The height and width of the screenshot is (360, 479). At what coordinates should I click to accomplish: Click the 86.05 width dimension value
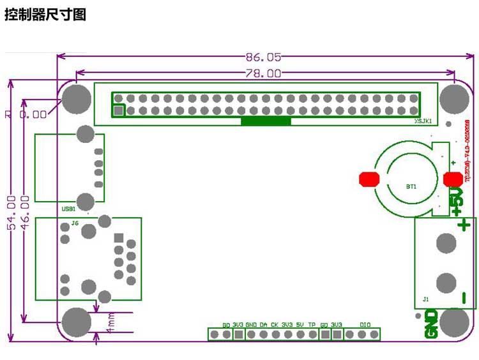click(263, 57)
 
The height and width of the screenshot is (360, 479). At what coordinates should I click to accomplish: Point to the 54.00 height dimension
click(11, 212)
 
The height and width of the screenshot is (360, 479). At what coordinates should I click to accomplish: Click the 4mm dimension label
click(110, 322)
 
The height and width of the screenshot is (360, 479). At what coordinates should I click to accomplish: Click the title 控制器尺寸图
click(45, 15)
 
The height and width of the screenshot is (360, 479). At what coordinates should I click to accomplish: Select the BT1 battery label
click(411, 187)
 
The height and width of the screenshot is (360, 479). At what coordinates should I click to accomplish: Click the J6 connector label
click(75, 223)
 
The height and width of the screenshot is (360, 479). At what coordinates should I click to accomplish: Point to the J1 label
click(426, 298)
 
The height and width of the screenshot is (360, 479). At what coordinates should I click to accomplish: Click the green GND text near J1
click(432, 323)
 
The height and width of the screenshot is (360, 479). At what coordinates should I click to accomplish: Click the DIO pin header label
click(365, 325)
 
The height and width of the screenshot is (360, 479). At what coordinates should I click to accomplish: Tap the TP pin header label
click(312, 325)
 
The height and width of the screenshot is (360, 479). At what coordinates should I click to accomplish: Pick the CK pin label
click(275, 325)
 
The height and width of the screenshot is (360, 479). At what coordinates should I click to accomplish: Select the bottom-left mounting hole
click(77, 321)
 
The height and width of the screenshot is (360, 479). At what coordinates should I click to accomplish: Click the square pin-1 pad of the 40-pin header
click(118, 111)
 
